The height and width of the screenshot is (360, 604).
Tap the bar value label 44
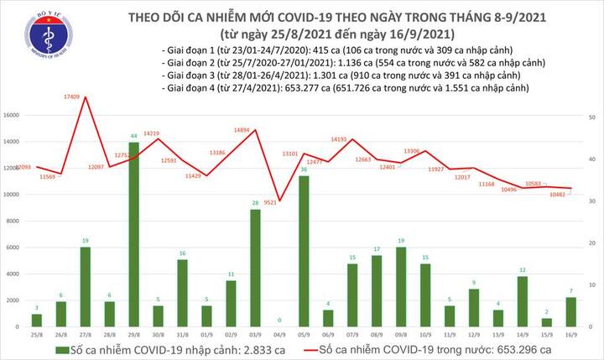pos(134,136)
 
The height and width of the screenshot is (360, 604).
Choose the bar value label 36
pos(303,170)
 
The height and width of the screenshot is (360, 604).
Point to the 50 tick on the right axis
pos(592,118)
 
